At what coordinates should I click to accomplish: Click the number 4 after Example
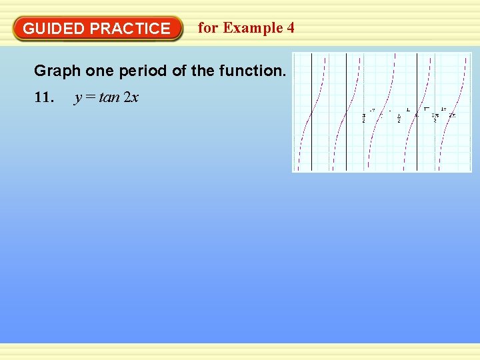click(290, 28)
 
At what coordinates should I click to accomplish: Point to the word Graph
click(57, 71)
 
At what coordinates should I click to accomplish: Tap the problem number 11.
click(43, 97)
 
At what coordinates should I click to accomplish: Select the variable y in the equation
click(78, 98)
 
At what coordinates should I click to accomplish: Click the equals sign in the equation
click(90, 97)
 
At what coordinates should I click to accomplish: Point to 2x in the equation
click(131, 97)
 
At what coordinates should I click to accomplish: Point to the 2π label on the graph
click(452, 116)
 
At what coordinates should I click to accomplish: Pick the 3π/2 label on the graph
click(435, 117)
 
